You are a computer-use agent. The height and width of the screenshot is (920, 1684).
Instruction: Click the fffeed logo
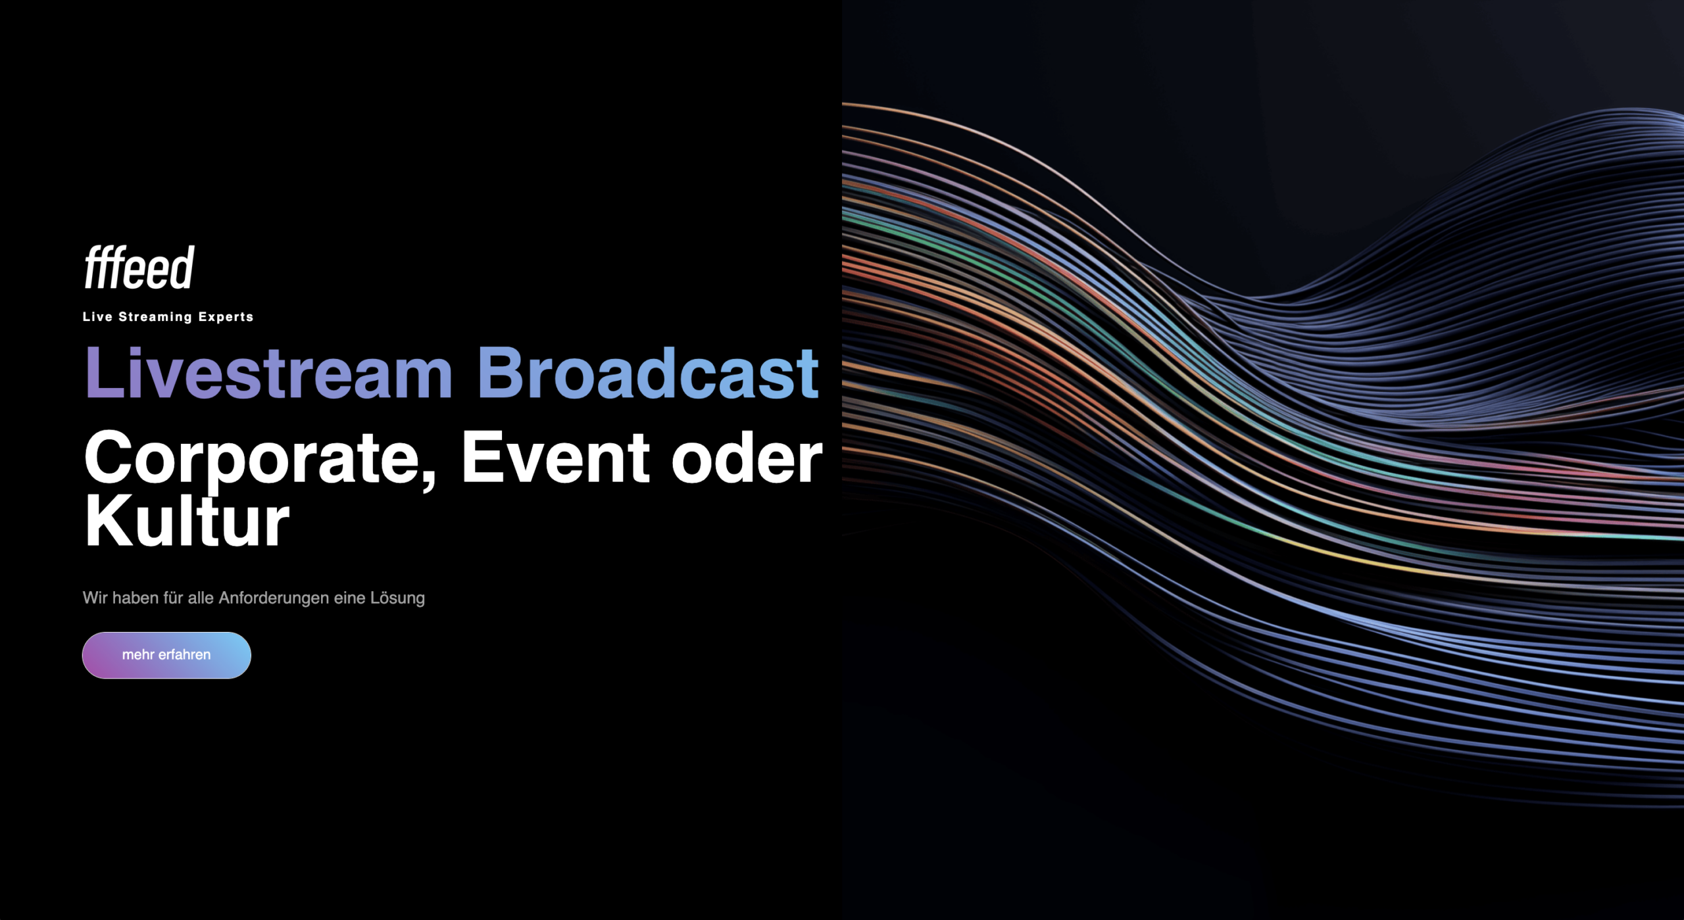[139, 267]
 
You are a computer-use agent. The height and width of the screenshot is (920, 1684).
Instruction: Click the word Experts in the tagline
[226, 317]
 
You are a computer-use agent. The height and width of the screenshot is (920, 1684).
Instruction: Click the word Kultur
[187, 520]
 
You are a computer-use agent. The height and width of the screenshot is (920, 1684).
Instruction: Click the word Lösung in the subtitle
[397, 598]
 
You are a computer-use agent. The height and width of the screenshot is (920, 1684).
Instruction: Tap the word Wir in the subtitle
[95, 598]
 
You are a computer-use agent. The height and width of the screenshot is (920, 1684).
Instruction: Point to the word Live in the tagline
[97, 316]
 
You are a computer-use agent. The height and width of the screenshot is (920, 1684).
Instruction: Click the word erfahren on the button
[184, 655]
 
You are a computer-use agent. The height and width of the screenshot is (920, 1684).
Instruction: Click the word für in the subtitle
[173, 598]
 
